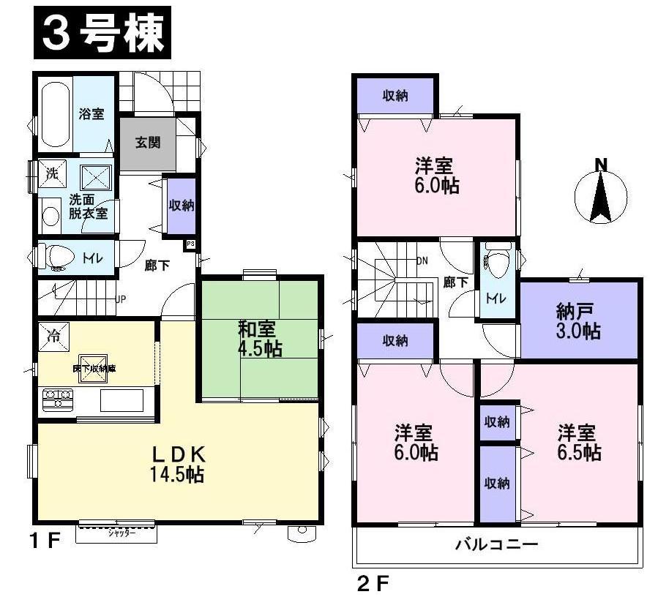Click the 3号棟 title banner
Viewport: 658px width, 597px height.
pos(102,33)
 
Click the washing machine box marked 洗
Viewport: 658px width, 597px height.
pos(52,174)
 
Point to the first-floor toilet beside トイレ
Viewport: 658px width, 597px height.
pos(57,257)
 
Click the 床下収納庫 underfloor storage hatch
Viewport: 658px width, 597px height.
pos(94,369)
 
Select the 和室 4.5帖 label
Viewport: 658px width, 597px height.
pos(259,338)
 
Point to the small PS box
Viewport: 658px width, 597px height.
pos(190,244)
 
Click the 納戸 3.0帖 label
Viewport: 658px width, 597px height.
pos(578,321)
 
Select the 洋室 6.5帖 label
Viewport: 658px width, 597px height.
pos(578,441)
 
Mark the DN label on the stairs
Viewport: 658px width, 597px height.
pos(422,260)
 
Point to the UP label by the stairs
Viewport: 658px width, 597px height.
pos(121,298)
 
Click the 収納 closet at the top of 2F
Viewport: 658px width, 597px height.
pos(395,95)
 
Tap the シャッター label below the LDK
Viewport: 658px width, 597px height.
pos(116,534)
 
